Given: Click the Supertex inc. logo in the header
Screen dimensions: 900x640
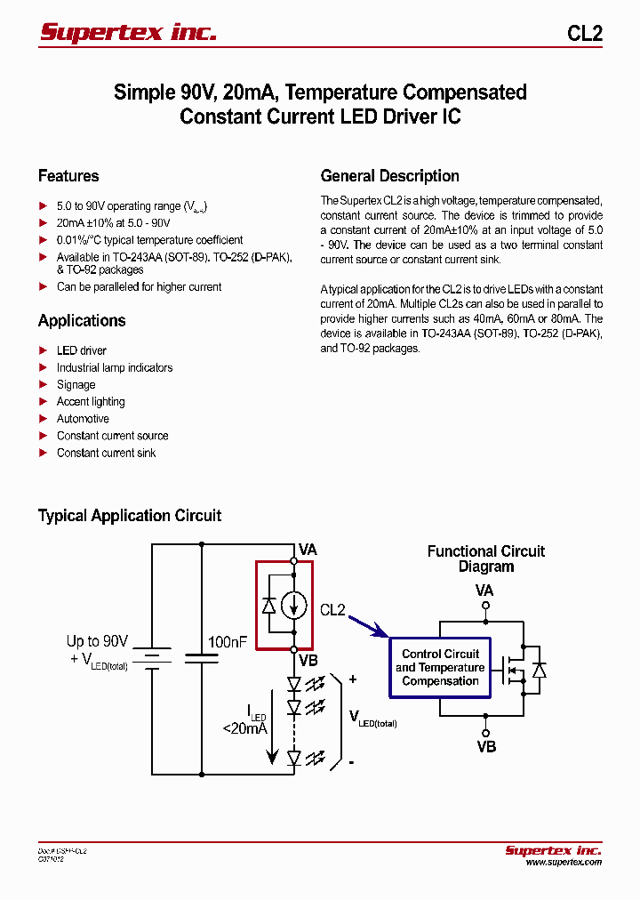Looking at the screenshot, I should click(x=128, y=33).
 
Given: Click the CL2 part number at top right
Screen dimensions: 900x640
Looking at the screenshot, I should click(x=584, y=34).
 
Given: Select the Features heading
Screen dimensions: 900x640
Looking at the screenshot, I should click(x=68, y=176).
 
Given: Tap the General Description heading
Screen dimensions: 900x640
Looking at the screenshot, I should click(x=389, y=176).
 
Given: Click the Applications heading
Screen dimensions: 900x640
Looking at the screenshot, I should click(x=82, y=321).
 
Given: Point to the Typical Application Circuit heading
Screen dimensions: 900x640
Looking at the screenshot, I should click(x=130, y=516).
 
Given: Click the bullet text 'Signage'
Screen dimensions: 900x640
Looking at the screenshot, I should click(x=76, y=385).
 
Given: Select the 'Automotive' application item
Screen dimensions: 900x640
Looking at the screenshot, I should click(x=83, y=419).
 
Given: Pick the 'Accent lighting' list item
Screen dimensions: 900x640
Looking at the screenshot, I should click(x=91, y=402).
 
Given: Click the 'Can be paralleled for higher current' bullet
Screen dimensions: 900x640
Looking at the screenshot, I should click(x=139, y=287).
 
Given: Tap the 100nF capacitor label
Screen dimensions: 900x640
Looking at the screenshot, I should click(x=227, y=641).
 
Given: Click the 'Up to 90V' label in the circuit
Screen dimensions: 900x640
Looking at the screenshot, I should click(x=97, y=641).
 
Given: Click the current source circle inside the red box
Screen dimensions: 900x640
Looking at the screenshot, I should click(x=293, y=606).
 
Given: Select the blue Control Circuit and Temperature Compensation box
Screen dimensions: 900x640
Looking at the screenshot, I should click(x=440, y=667).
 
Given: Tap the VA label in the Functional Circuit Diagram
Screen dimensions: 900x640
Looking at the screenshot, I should click(x=484, y=591).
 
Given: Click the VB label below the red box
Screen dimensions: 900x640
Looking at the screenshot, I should click(x=308, y=661).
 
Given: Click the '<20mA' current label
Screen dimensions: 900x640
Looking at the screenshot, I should click(x=245, y=728).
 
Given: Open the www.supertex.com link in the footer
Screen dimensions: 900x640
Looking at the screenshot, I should click(x=563, y=863).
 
